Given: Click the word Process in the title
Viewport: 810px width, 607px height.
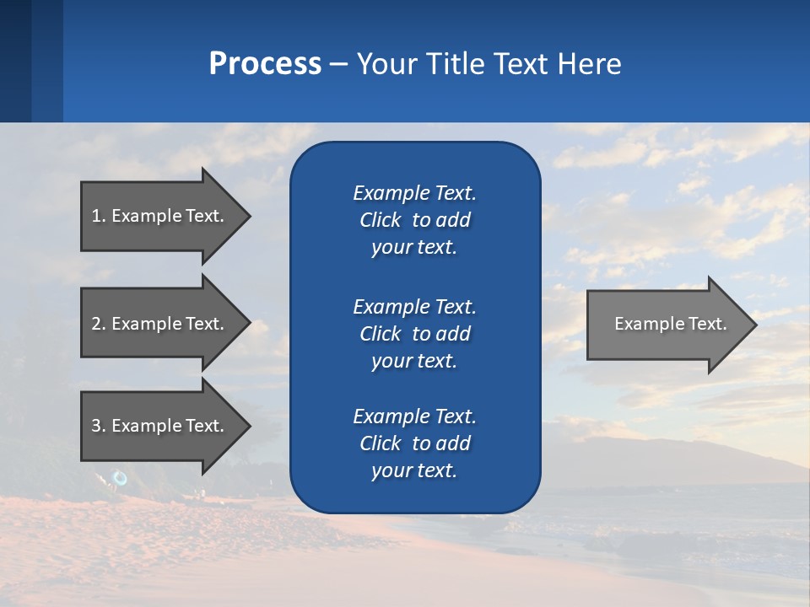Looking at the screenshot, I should [265, 64].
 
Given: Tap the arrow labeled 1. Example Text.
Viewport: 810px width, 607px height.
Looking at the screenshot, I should [160, 216].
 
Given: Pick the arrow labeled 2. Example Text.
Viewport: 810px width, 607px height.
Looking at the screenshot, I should [160, 324].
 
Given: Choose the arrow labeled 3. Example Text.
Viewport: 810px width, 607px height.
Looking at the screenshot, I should [160, 426].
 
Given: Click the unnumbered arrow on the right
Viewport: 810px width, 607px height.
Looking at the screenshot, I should [667, 324].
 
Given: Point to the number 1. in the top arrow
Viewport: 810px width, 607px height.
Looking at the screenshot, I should [99, 216].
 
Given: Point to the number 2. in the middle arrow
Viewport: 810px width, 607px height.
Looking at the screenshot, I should [99, 324].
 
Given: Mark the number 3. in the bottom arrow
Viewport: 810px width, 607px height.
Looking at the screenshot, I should [99, 426].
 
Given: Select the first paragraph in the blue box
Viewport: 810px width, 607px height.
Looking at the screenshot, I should [414, 220].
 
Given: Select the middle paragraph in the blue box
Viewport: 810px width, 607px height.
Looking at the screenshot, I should [414, 334].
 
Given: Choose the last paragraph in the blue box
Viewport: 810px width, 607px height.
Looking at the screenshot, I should [414, 443].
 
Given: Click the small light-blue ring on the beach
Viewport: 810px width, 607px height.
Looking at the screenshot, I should [120, 479].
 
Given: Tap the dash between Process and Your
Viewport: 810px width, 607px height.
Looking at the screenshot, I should [338, 65].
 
